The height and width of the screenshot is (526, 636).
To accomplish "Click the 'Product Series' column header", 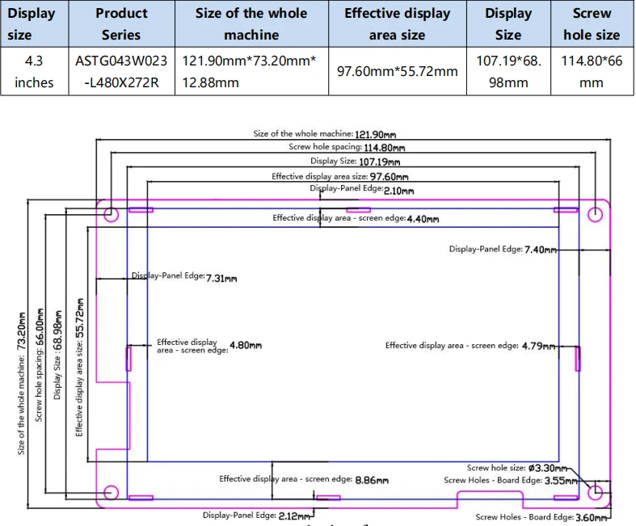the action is [121, 24].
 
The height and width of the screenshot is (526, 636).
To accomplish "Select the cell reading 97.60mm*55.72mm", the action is [397, 71].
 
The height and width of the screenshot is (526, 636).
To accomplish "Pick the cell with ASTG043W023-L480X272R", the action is [121, 71].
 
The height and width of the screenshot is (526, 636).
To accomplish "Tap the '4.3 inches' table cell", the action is [34, 71].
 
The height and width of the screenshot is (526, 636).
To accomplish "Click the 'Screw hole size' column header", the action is [592, 24].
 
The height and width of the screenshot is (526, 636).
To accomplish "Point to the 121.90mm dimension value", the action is [375, 134].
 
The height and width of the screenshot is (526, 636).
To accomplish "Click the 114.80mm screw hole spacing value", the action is [384, 148].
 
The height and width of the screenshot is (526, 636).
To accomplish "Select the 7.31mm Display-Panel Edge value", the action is [221, 278].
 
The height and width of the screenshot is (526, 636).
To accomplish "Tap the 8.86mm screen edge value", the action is [372, 480].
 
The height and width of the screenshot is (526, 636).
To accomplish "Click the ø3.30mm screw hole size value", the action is [548, 468].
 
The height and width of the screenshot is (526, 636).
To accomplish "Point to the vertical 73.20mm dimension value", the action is [21, 331].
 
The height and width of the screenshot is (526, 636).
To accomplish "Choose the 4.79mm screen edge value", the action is [538, 346].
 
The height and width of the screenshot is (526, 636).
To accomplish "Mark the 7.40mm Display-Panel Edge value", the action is [541, 250].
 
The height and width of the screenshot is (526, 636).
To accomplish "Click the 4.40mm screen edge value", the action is [423, 219].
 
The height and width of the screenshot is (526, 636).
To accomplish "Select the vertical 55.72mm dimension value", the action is [80, 318].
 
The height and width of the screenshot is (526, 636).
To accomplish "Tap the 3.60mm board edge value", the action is [592, 517].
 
